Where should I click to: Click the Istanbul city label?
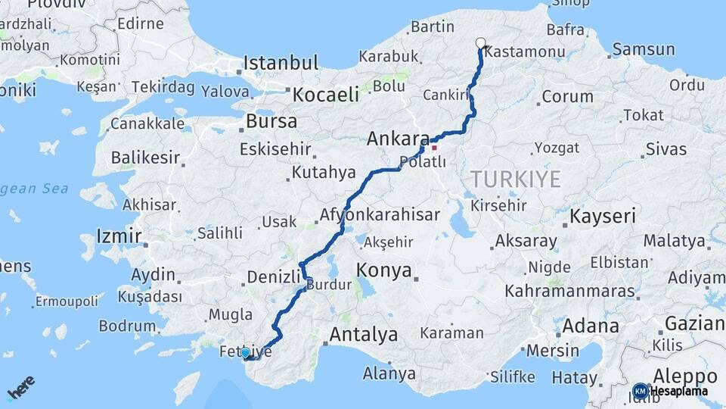281,63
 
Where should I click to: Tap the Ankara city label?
398,139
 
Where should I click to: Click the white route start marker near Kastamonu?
480,43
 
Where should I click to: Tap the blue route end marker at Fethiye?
244,353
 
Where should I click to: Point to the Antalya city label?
364,334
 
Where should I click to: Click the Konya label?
384,270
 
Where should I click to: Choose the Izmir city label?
119,236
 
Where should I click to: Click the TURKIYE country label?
516,180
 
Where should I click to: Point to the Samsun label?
644,50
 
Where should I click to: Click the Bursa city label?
271,121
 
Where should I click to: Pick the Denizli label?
275,277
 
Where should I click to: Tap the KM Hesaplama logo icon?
641,391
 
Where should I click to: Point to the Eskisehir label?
275,149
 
